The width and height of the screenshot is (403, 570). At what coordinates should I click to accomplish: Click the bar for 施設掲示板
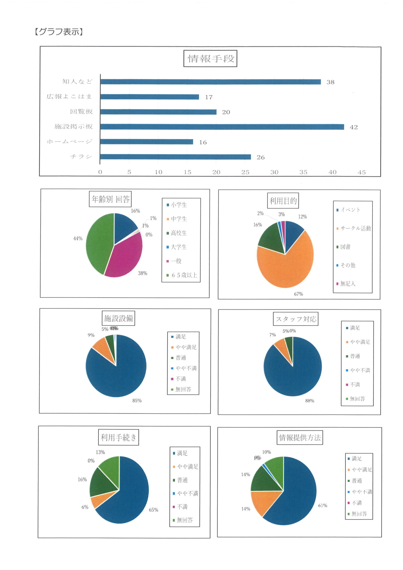pyautogui.click(x=222, y=127)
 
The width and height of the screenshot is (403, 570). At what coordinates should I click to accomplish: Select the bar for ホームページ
pyautogui.click(x=146, y=142)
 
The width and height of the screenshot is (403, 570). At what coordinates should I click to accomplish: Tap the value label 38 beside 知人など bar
pyautogui.click(x=330, y=82)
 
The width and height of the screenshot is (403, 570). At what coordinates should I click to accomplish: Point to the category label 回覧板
pyautogui.click(x=81, y=112)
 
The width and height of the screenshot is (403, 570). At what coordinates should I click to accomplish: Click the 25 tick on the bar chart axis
pyautogui.click(x=245, y=172)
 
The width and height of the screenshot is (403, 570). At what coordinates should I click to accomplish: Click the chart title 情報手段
pyautogui.click(x=210, y=58)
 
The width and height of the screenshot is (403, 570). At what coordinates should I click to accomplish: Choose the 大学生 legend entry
pyautogui.click(x=178, y=247)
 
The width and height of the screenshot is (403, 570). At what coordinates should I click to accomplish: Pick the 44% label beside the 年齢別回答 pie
pyautogui.click(x=78, y=239)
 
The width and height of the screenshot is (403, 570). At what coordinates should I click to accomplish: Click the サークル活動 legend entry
pyautogui.click(x=355, y=229)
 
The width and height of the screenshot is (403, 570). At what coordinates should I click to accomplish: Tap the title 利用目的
pyautogui.click(x=283, y=201)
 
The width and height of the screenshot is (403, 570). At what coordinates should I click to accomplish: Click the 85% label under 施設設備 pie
pyautogui.click(x=137, y=401)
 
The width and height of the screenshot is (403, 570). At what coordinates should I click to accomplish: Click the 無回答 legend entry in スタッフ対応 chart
pyautogui.click(x=357, y=399)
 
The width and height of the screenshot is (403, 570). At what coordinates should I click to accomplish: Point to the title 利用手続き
pyautogui.click(x=118, y=438)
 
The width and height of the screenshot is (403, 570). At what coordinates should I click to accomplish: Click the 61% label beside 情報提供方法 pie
pyautogui.click(x=323, y=505)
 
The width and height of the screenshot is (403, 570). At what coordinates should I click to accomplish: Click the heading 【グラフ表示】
pyautogui.click(x=59, y=32)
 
